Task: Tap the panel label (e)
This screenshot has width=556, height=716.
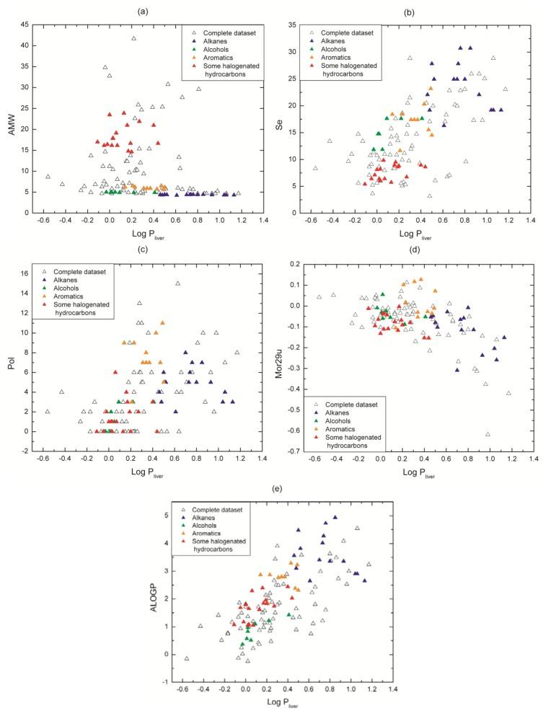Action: click(275, 487)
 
